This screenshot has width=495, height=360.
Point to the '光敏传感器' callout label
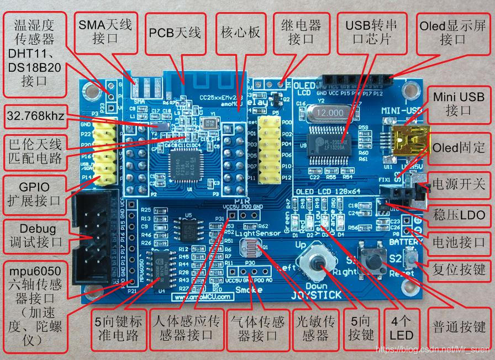[315, 329]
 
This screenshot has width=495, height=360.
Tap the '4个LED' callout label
[401, 329]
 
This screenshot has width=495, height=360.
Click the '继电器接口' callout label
[301, 33]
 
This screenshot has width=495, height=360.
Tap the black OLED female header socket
[357, 82]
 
